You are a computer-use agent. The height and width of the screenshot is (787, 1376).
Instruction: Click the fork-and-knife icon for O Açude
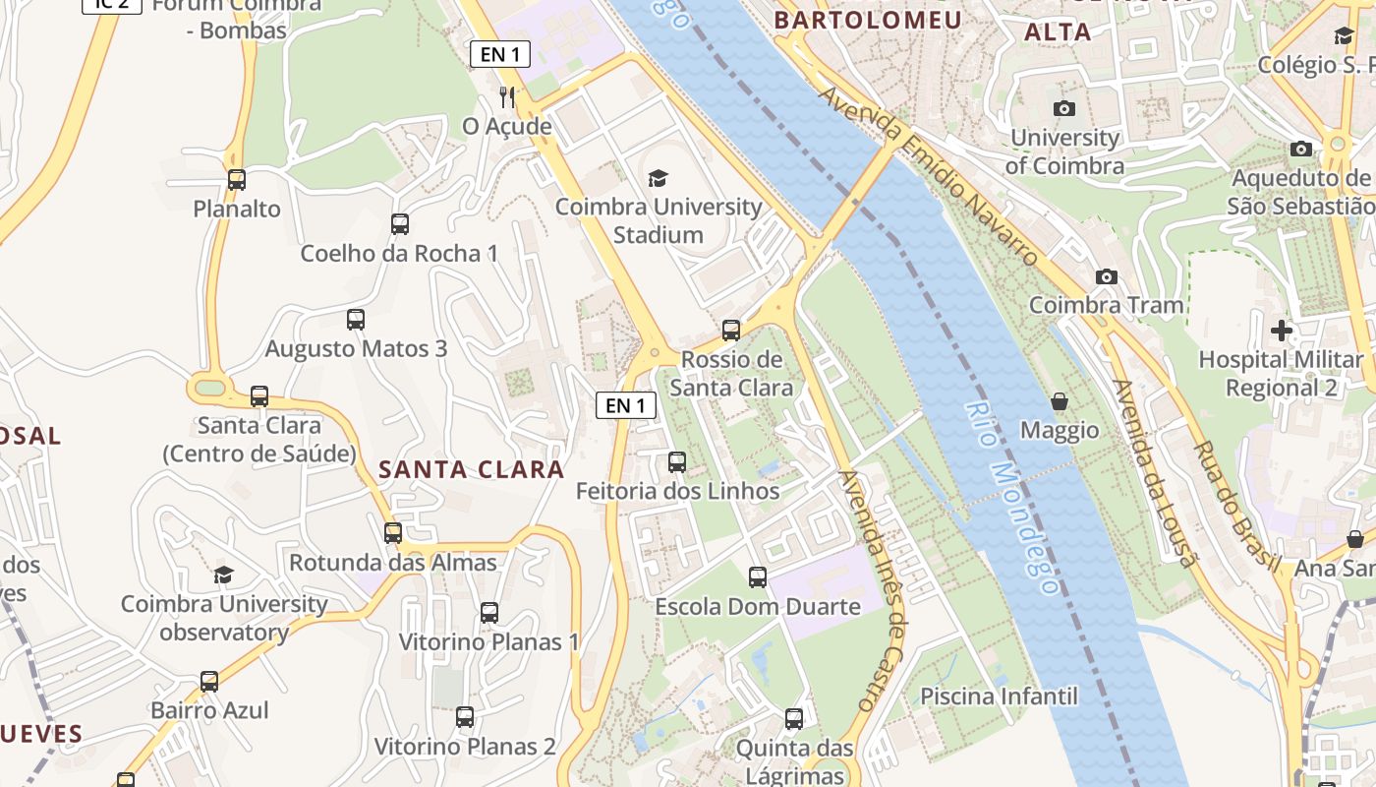[x=507, y=96]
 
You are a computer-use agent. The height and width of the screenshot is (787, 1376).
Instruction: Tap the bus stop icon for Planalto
[x=236, y=179]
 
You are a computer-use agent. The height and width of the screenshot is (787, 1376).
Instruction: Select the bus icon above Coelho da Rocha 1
[x=399, y=223]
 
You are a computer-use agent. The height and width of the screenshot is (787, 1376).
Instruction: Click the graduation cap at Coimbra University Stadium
[x=658, y=178]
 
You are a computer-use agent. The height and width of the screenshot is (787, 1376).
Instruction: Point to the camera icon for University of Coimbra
[x=1063, y=108]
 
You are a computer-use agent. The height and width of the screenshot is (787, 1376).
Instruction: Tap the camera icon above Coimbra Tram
[x=1107, y=276]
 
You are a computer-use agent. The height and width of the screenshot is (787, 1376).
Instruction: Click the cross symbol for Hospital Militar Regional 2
[x=1282, y=330]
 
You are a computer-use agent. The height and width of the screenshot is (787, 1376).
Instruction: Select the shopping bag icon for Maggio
[x=1060, y=401]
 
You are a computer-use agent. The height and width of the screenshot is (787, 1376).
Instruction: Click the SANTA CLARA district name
[x=472, y=469]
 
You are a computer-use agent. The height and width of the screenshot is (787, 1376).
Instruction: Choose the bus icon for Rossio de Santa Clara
[x=730, y=330]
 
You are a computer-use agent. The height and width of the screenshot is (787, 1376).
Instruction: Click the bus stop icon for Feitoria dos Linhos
[x=676, y=461]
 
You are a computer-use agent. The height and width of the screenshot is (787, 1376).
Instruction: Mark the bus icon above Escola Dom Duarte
[x=757, y=576]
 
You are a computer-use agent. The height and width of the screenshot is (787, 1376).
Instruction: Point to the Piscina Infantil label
[x=999, y=696]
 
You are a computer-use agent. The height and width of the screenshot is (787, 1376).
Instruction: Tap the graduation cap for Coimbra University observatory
[x=224, y=575]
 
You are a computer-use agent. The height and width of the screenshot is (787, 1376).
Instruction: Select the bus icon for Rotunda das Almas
[x=393, y=532]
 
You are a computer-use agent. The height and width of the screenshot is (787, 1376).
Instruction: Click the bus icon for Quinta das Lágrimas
[x=793, y=718]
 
